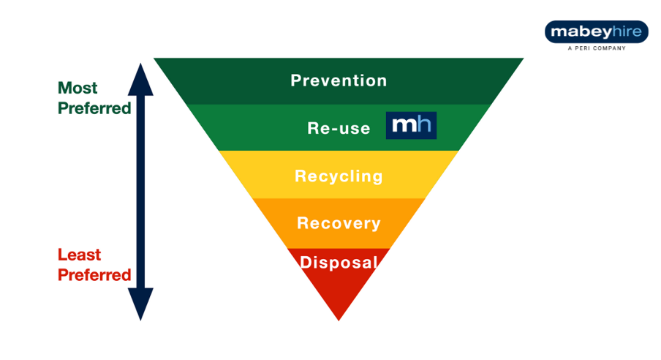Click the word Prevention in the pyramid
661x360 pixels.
[339, 80]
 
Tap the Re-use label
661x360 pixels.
[339, 128]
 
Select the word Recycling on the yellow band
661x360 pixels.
[339, 176]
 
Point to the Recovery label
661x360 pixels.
[339, 223]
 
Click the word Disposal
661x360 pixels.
[339, 263]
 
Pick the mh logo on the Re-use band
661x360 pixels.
[411, 126]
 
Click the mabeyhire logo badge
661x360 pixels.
[596, 32]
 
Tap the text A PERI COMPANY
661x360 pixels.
[596, 49]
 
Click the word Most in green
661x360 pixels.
[77, 89]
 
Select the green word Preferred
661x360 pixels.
[94, 108]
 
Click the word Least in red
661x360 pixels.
[79, 255]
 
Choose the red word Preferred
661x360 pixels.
[94, 275]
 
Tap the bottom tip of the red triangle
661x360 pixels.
[339, 317]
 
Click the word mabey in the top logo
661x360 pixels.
[577, 33]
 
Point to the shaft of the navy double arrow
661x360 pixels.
[140, 190]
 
